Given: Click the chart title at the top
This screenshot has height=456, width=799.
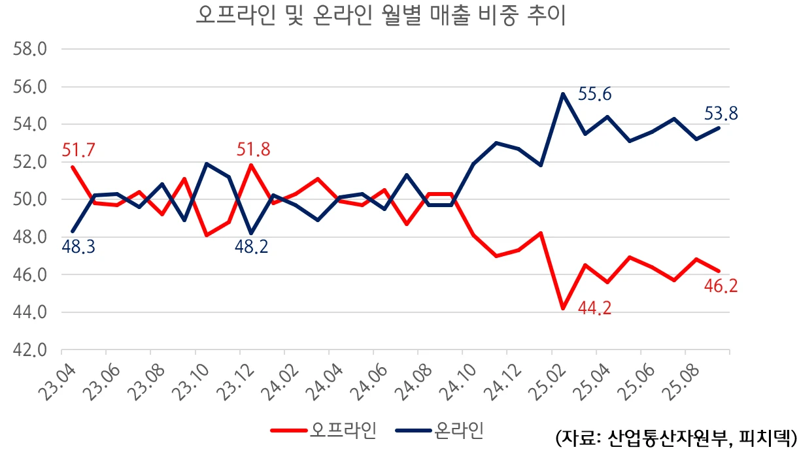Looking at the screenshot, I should (380, 16).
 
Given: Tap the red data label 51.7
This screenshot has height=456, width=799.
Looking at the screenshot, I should (78, 150).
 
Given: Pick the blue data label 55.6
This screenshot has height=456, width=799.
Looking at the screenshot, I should (595, 95).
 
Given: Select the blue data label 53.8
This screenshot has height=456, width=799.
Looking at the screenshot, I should (721, 114).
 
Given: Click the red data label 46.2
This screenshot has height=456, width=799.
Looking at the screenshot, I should (721, 285).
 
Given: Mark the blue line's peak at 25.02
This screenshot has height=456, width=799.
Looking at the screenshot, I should (562, 93).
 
